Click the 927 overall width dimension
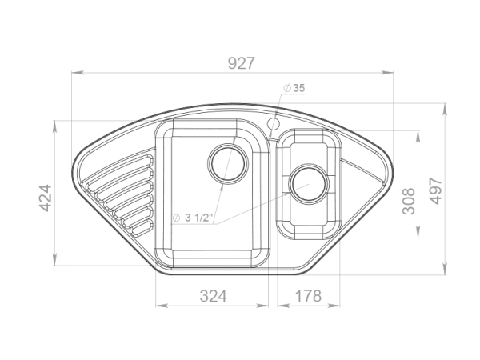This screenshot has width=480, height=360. pos(242,63)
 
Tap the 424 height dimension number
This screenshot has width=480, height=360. pos(46,198)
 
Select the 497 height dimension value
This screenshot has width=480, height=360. pos(435,190)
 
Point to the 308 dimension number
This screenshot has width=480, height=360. pos(409,201)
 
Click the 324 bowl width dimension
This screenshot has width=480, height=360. pos(214,296)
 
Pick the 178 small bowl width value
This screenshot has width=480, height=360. pos(308,296)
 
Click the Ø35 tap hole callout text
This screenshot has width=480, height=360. pos(294,88)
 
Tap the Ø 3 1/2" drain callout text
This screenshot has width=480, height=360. pos(192,218)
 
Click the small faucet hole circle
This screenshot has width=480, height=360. pos(274,124)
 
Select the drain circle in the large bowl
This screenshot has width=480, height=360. pos(227,162)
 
